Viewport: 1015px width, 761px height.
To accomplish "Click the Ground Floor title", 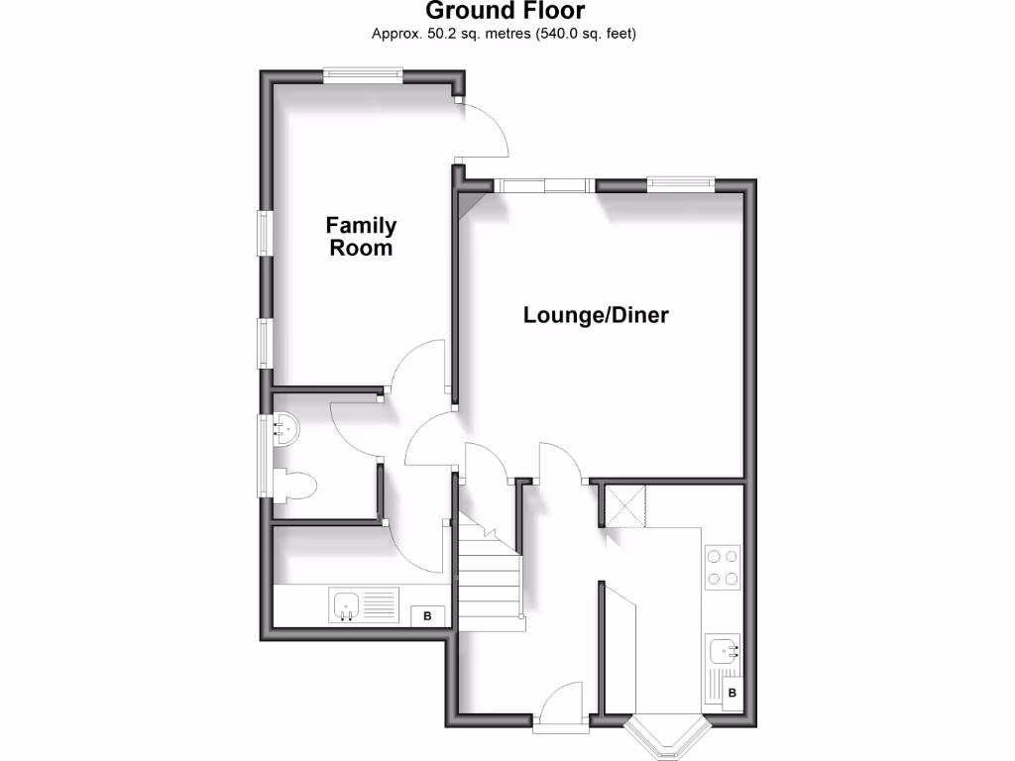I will (505, 12).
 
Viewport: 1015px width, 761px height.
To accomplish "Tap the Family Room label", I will (361, 237).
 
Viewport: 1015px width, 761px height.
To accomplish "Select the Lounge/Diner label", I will (596, 316).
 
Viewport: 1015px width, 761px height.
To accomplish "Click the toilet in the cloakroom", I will (296, 485).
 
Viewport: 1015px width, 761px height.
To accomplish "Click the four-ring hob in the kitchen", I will (723, 567).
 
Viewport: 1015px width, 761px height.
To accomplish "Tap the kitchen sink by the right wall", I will (725, 650).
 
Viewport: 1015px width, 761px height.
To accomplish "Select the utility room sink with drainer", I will (363, 604).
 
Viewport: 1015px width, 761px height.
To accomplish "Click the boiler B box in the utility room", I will (428, 615).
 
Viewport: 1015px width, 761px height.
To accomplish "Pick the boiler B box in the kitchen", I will (732, 693).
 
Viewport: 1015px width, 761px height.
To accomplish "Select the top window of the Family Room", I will (363, 73).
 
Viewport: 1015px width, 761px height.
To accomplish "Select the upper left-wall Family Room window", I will (265, 233).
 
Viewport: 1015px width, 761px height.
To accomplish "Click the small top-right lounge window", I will (680, 181).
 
